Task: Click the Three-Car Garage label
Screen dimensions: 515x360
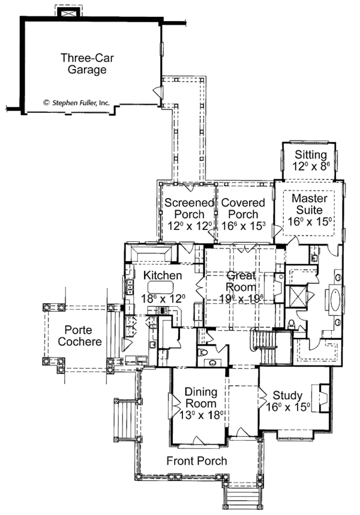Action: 83,64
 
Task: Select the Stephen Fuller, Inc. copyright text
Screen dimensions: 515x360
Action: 76,103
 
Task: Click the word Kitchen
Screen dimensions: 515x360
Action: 163,275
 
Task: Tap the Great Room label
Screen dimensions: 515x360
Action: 240,282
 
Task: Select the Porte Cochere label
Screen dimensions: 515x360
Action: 83,336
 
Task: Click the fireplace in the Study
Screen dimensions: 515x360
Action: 323,399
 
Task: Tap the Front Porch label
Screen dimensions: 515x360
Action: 197,461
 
